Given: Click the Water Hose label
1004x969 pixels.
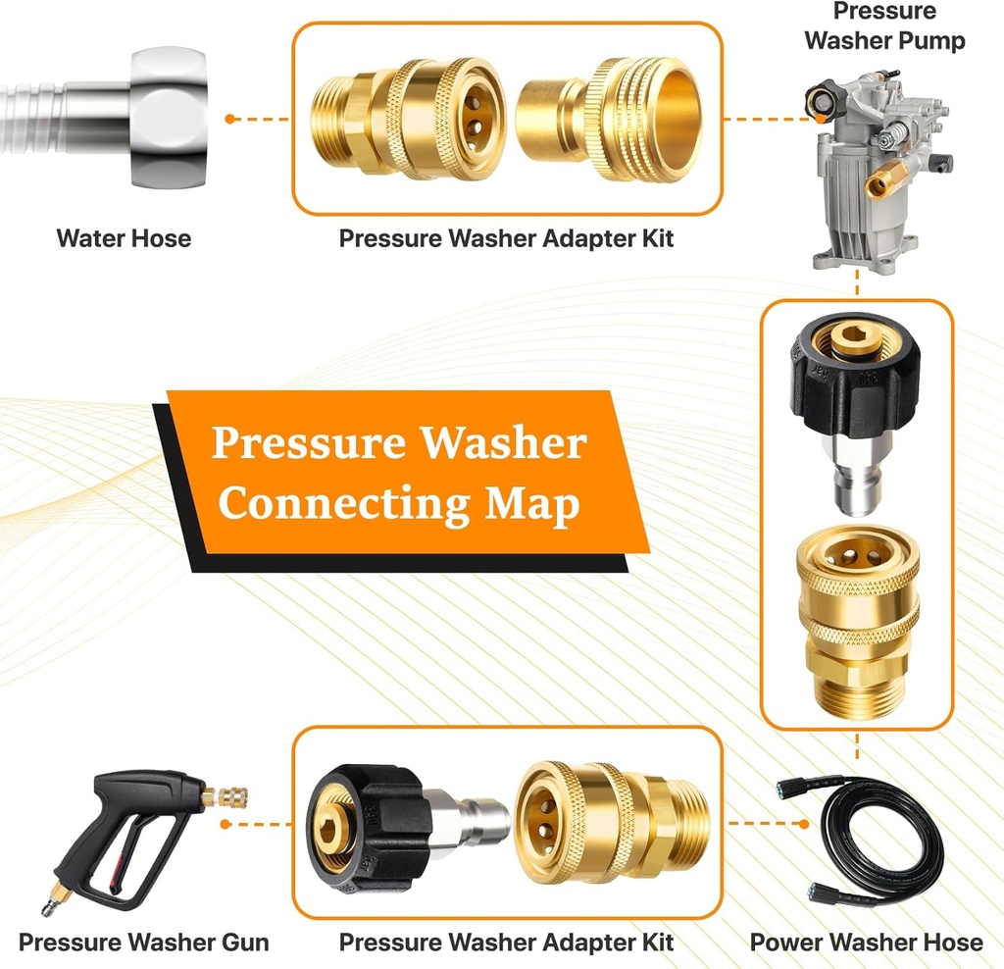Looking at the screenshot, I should point(124,238).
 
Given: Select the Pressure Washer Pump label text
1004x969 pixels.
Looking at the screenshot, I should point(884,26).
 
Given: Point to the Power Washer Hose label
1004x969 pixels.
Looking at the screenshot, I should point(866,943).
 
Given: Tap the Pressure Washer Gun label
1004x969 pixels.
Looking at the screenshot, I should point(143,943).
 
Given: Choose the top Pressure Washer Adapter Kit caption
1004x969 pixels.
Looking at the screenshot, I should point(506,238).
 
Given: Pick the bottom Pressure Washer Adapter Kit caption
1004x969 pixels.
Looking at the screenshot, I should point(506,943).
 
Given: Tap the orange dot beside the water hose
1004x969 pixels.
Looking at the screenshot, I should point(229,119).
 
